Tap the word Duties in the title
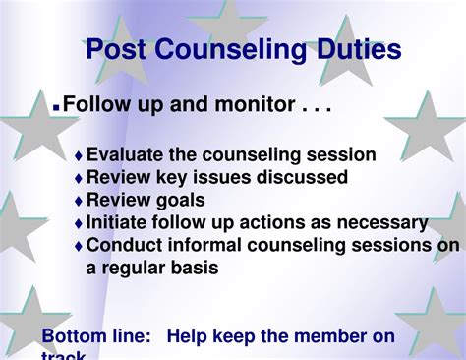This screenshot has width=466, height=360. pos(353,49)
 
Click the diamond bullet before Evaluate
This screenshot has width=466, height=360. pos(79,156)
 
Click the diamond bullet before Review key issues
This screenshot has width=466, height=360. pos(79,179)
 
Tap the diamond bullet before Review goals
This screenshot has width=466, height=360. pos(79,202)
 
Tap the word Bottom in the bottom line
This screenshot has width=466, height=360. pos(72,337)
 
